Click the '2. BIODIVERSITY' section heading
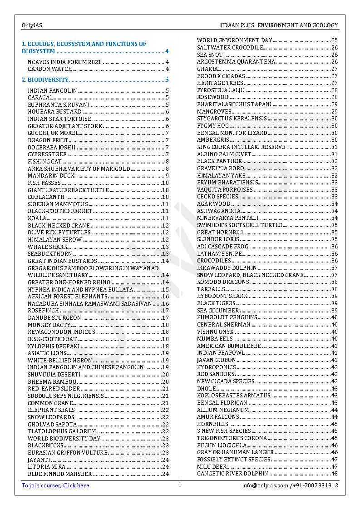pyautogui.click(x=45, y=80)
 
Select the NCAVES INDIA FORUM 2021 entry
pyautogui.click(x=64, y=62)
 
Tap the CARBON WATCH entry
pyautogui.click(x=50, y=69)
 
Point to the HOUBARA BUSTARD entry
pyautogui.click(x=55, y=112)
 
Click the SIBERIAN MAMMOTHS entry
pyautogui.click(x=58, y=204)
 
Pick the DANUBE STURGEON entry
pyautogui.click(x=54, y=318)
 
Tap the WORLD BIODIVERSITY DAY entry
pyautogui.click(x=64, y=439)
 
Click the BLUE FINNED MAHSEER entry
pyautogui.click(x=60, y=474)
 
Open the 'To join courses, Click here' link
pyautogui.click(x=55, y=485)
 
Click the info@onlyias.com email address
pyautogui.click(x=265, y=485)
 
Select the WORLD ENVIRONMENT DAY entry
pyautogui.click(x=235, y=40)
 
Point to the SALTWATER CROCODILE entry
pyautogui.click(x=230, y=48)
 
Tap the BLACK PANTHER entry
pyautogui.click(x=220, y=161)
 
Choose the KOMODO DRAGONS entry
pyautogui.click(x=223, y=282)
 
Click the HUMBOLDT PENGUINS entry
pyautogui.click(x=227, y=317)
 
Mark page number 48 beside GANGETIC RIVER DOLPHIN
pyautogui.click(x=335, y=474)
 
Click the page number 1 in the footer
pyautogui.click(x=180, y=485)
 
